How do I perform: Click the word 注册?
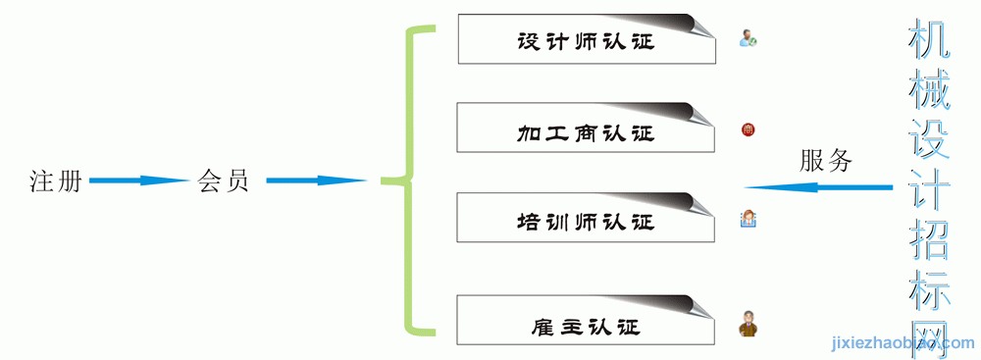(56, 180)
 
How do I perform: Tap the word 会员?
(224, 180)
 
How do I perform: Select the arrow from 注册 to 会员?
(139, 180)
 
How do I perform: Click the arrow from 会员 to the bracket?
(317, 180)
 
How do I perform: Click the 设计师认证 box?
(587, 39)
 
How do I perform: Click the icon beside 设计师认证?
(748, 39)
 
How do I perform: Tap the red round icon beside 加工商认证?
(748, 129)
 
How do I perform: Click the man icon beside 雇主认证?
(747, 324)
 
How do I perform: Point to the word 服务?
(825, 162)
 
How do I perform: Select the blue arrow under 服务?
(818, 187)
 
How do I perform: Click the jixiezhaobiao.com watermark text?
(903, 343)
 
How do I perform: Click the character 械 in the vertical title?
(929, 89)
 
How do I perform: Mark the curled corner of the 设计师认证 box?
(698, 26)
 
